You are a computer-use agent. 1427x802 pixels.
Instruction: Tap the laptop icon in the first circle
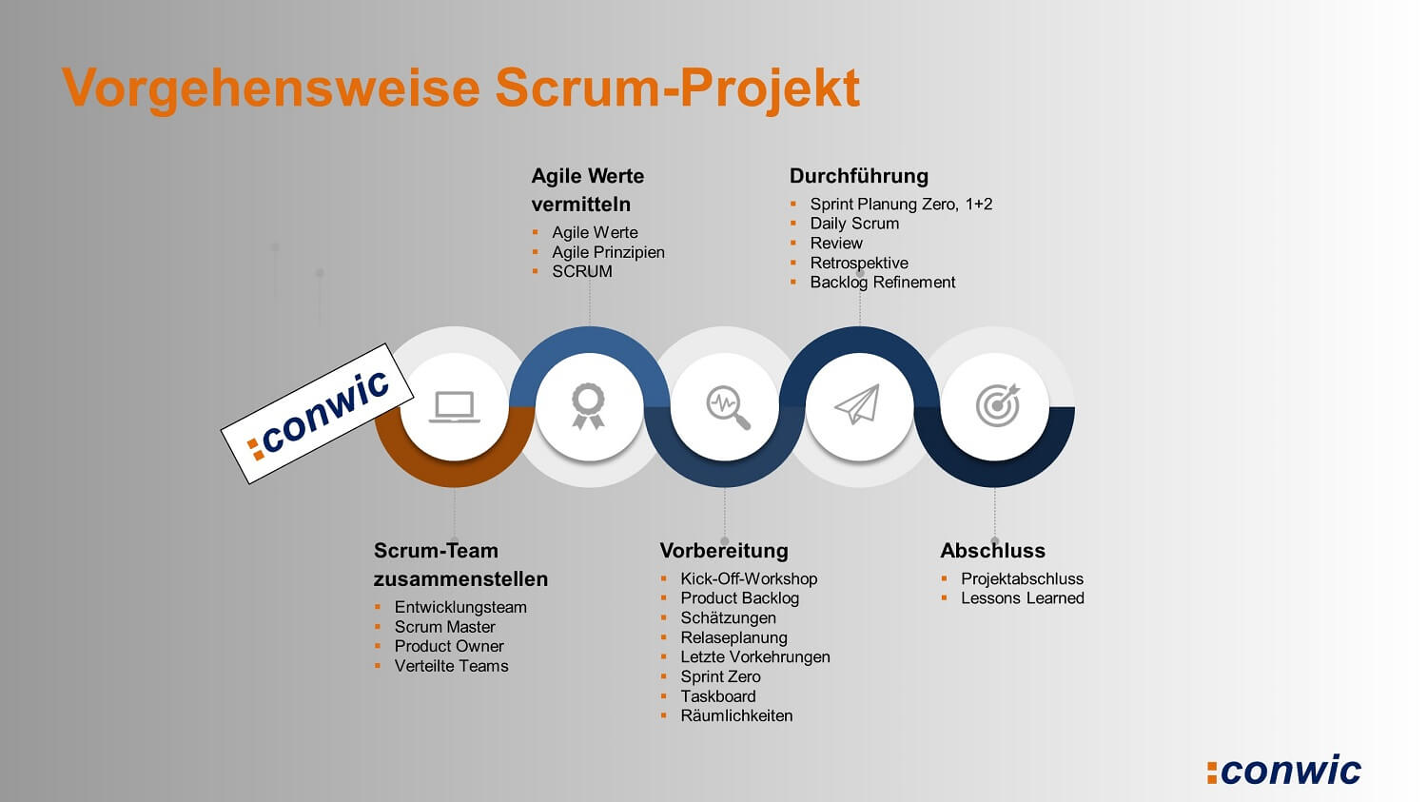[454, 406]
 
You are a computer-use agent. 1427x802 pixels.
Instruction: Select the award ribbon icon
[588, 406]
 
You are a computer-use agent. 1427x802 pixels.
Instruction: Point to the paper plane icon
[857, 404]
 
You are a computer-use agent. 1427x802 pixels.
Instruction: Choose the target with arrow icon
[998, 404]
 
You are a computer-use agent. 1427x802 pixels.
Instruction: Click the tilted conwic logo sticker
[317, 414]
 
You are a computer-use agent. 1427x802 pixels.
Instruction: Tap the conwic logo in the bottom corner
[1283, 770]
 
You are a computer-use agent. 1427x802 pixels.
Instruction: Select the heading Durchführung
[859, 176]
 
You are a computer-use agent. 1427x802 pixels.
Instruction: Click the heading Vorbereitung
[724, 551]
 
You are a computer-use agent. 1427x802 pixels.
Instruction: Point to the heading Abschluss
[992, 551]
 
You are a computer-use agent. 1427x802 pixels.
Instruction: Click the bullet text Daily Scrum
[854, 224]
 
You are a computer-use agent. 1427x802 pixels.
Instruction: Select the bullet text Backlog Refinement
[882, 283]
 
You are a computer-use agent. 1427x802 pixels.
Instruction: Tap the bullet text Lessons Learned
[1023, 598]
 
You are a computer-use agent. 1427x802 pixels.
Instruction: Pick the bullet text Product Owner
[448, 646]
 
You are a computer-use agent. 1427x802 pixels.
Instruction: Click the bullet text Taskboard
[718, 696]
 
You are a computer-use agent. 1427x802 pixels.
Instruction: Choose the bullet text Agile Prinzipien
[608, 252]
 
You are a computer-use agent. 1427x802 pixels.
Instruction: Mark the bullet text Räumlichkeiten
[736, 716]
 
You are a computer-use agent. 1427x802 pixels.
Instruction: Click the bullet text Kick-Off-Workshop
[749, 579]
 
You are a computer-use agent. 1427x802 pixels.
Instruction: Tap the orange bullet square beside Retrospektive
[793, 263]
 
